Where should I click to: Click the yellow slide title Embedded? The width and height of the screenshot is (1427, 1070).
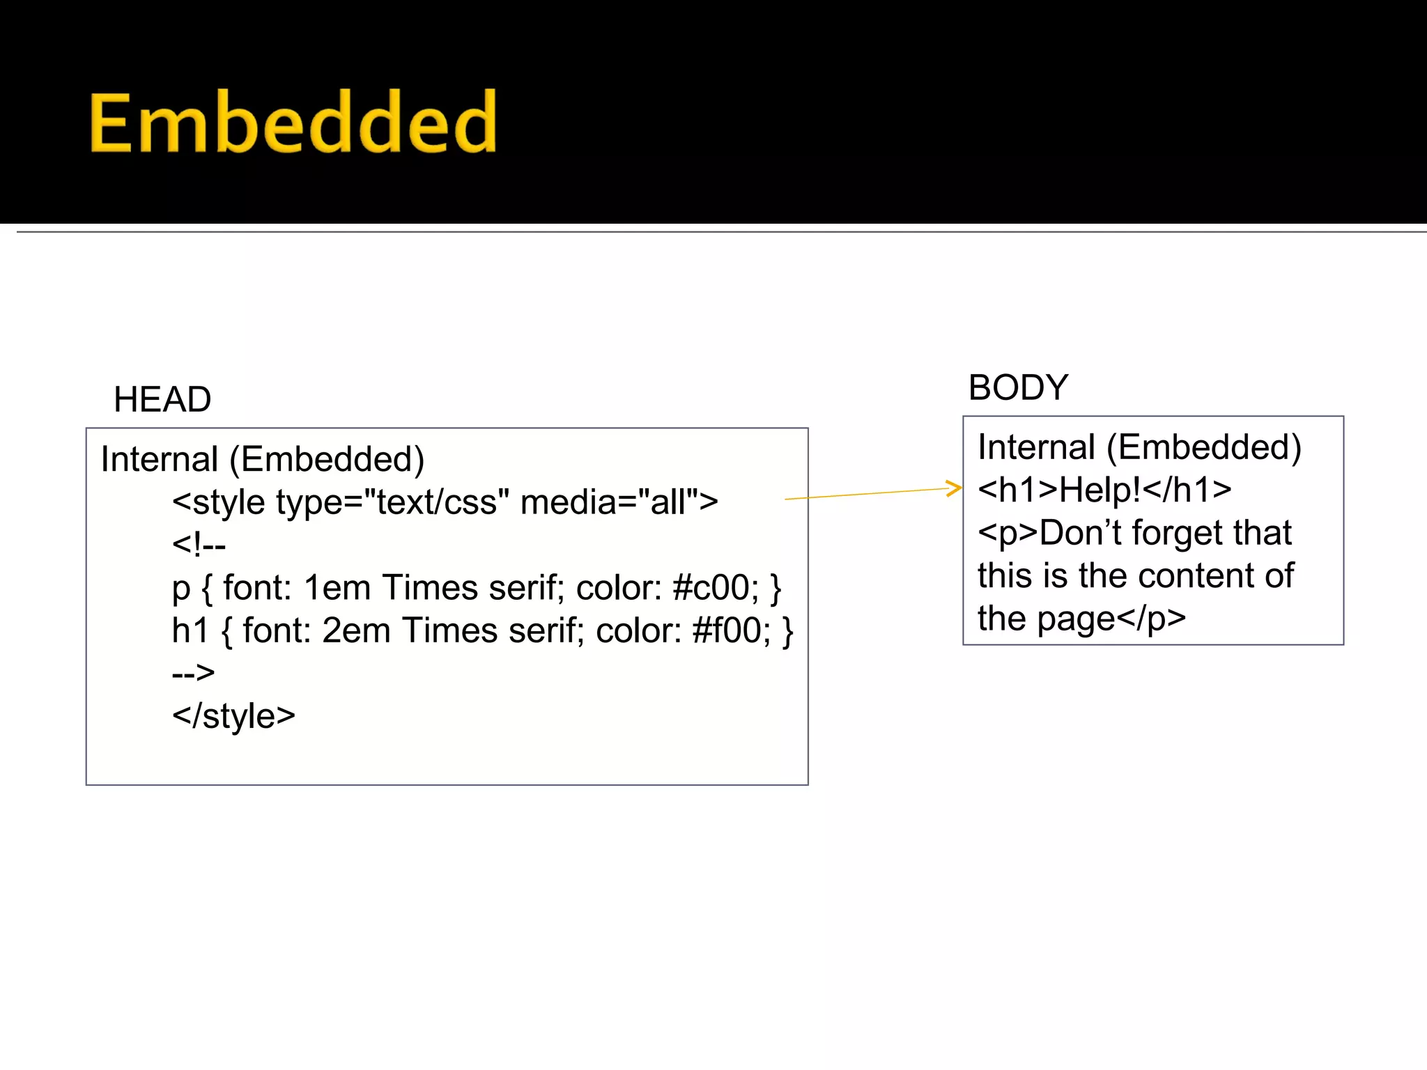[293, 123]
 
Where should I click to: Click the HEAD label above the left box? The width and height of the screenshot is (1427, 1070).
[162, 400]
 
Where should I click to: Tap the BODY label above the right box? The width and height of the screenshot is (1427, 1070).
[1018, 387]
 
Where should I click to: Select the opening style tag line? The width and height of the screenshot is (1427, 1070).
[445, 502]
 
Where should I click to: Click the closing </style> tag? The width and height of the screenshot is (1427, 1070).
[233, 716]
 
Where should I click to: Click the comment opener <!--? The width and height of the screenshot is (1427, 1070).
[199, 545]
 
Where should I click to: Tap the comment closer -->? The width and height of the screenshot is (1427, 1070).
[193, 673]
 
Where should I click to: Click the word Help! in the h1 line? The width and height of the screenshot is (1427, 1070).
[1100, 490]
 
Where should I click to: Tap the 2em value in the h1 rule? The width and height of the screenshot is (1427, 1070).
[356, 630]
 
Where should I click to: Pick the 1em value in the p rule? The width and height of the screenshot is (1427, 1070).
[337, 588]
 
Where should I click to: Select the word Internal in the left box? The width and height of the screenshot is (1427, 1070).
[160, 460]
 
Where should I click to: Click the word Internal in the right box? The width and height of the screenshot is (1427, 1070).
[1036, 447]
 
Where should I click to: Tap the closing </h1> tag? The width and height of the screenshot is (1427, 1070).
[1187, 490]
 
